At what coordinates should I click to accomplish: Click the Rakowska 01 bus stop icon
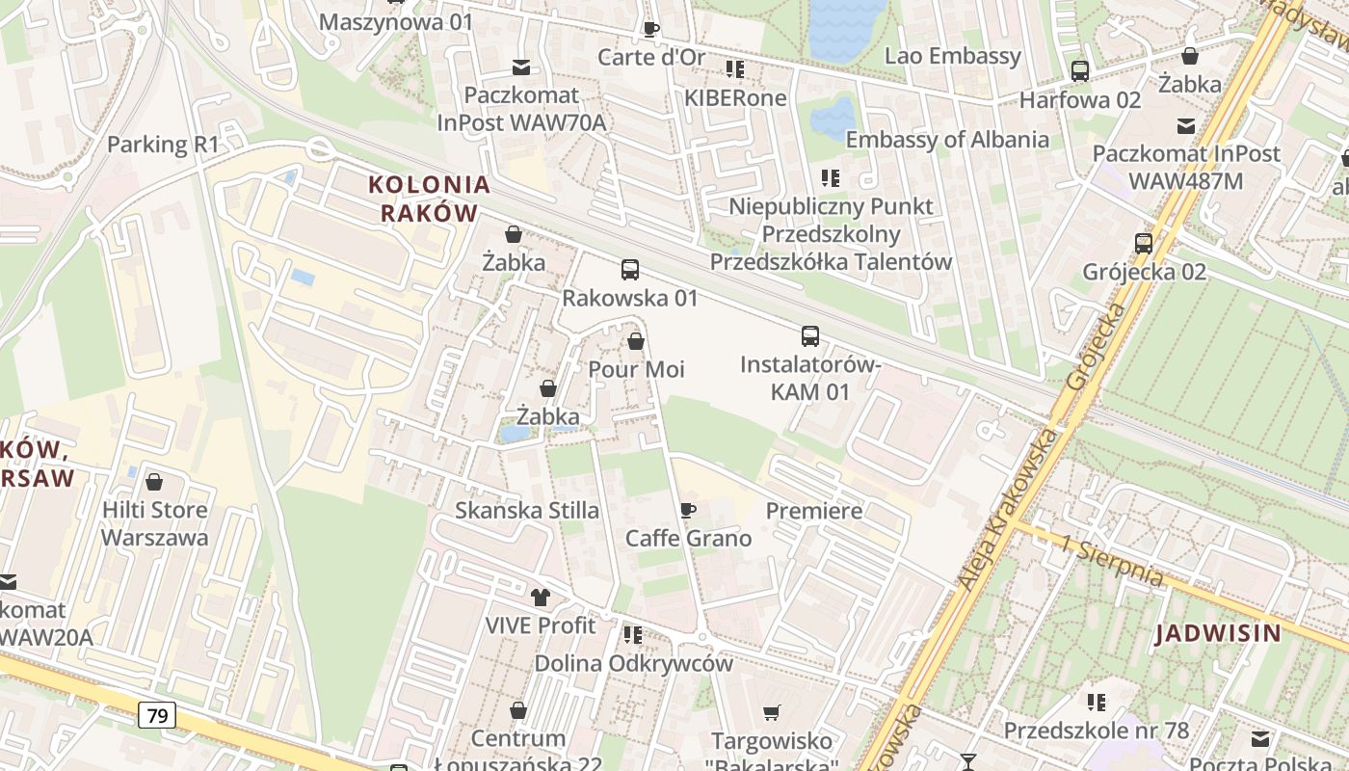(630, 270)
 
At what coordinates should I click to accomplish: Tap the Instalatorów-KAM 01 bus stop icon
(810, 336)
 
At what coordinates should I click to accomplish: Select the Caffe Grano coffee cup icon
(687, 510)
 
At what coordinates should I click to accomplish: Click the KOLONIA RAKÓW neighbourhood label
(429, 199)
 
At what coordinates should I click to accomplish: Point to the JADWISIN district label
(1219, 633)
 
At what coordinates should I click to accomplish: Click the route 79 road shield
(156, 715)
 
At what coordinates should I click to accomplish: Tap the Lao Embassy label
(952, 56)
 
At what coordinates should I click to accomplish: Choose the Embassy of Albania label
(947, 139)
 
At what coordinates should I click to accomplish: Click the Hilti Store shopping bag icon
(154, 482)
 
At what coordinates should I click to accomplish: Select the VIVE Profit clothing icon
(541, 598)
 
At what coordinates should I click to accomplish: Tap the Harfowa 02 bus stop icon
(1079, 70)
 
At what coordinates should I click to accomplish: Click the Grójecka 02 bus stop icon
(1144, 243)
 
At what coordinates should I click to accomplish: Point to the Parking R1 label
(163, 145)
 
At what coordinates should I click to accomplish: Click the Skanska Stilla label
(527, 511)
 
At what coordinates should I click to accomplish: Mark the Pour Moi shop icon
(636, 341)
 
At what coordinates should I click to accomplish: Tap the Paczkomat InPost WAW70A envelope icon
(521, 67)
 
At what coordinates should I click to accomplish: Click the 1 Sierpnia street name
(1111, 562)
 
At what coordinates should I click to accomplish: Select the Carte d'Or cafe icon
(650, 29)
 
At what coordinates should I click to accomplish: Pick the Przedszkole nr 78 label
(1097, 731)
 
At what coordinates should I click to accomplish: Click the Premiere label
(814, 511)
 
